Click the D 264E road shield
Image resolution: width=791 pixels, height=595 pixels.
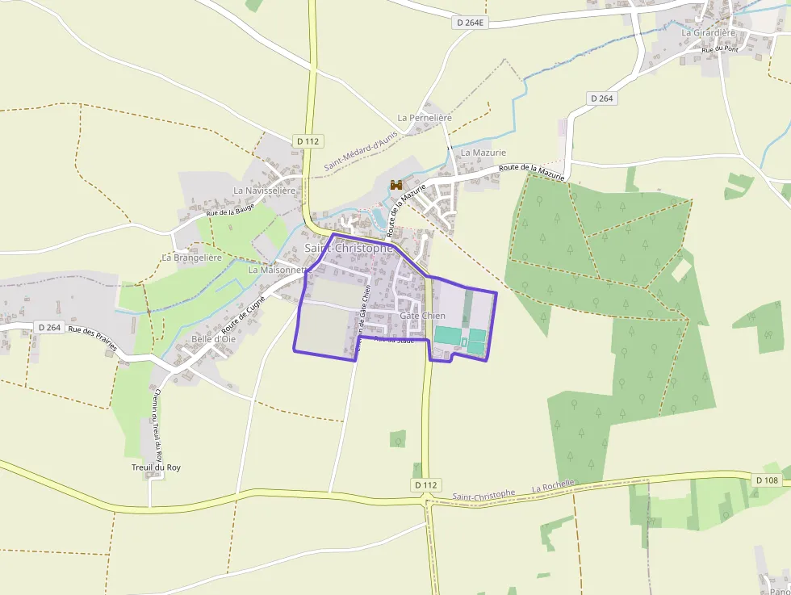coord(470,23)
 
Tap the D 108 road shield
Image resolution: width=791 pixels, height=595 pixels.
coord(767,480)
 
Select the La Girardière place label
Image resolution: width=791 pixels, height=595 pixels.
coord(709,32)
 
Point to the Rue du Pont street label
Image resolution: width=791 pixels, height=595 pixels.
coord(720,50)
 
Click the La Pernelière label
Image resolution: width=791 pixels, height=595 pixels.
coord(425,118)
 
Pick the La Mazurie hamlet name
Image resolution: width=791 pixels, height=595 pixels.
coord(483,152)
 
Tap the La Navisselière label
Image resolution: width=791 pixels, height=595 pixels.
coord(265,190)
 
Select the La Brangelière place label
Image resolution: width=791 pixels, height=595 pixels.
coord(191,258)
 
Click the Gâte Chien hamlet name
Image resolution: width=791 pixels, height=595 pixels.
coord(422,316)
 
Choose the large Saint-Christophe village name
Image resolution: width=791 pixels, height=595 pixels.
coord(349,248)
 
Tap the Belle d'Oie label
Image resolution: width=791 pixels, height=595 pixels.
coord(214,339)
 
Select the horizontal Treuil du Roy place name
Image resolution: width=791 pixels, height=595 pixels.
coord(156,467)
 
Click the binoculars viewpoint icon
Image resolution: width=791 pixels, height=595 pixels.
coord(396,185)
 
